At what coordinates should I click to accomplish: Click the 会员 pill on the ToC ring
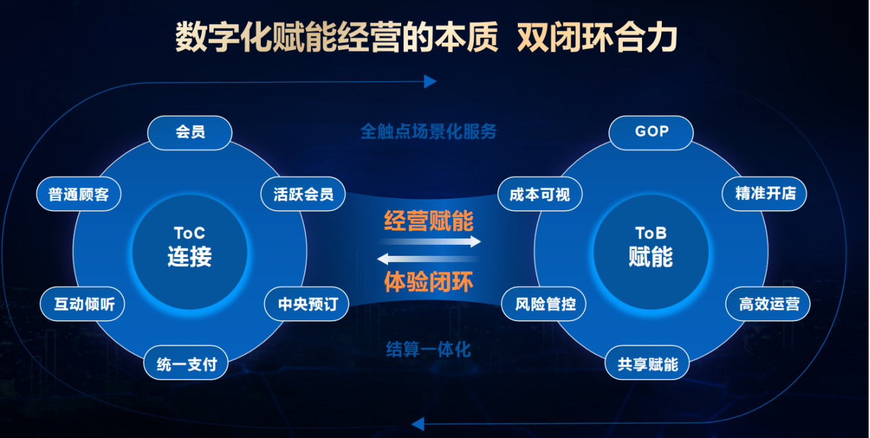[190, 133]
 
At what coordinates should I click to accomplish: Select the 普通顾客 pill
[78, 194]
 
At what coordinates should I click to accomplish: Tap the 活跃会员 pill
[303, 194]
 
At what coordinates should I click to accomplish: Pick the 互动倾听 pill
[82, 304]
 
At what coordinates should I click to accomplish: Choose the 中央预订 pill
[306, 304]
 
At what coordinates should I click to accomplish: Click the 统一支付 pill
[185, 362]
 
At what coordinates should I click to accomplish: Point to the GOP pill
[651, 133]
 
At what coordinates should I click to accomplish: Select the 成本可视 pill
[540, 194]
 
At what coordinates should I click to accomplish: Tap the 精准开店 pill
[764, 194]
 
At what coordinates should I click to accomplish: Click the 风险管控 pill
[544, 304]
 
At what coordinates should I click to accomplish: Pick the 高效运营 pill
[768, 304]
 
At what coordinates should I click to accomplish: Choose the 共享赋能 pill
[647, 362]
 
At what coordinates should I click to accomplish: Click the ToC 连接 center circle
[190, 252]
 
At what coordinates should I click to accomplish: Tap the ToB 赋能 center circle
[651, 252]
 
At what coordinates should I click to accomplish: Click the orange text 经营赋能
[428, 221]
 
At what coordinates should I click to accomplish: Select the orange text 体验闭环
[428, 282]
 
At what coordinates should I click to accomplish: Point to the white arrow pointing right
[430, 241]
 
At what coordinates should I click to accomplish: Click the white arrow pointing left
[428, 259]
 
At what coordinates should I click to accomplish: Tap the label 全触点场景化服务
[428, 131]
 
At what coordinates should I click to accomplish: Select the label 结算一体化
[428, 349]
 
